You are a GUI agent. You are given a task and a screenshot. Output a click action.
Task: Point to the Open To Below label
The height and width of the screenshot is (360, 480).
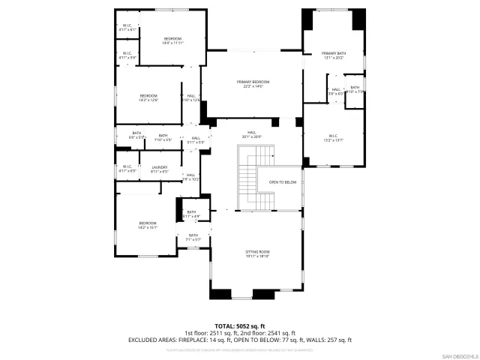(x=283, y=182)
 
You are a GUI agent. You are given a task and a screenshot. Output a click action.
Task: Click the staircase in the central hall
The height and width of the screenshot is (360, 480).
(x=247, y=180)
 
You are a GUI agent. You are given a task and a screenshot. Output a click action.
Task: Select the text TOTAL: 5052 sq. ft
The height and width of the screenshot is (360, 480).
(x=240, y=325)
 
